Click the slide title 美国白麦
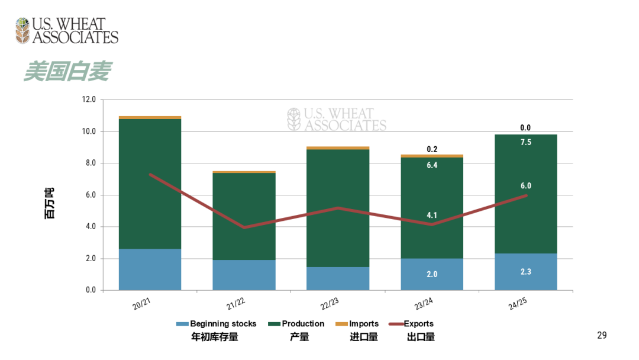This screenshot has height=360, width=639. (x=67, y=72)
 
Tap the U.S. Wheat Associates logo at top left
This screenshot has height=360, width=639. (x=67, y=31)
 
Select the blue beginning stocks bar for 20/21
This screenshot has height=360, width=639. (x=150, y=269)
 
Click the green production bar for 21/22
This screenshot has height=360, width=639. (x=244, y=216)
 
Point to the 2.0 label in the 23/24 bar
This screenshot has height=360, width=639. (x=432, y=274)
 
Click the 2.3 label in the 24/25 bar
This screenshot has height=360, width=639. (x=525, y=272)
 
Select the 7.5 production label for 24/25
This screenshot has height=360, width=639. (x=525, y=142)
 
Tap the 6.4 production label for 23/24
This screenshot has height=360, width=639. (x=432, y=165)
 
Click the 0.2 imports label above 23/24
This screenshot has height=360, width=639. (x=432, y=149)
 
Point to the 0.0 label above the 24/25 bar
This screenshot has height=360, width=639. (x=525, y=127)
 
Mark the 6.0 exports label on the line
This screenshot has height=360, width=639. (x=525, y=185)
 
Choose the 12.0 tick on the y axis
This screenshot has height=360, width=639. (x=89, y=99)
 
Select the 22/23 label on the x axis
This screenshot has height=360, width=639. (x=329, y=303)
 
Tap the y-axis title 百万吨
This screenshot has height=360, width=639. (x=49, y=203)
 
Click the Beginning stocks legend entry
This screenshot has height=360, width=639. (x=217, y=324)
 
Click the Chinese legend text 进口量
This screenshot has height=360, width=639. (x=364, y=337)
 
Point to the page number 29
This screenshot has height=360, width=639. (x=602, y=336)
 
